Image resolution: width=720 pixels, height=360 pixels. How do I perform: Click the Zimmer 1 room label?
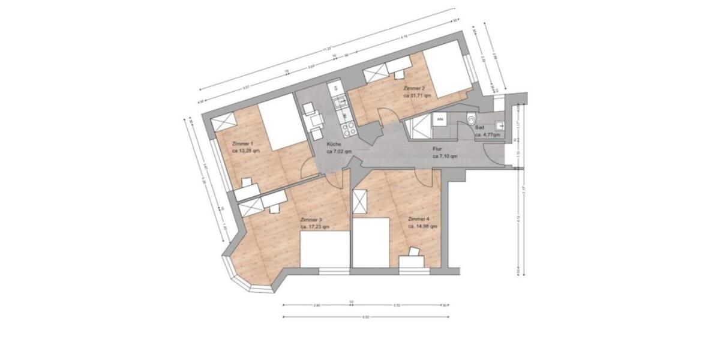(x=242, y=143)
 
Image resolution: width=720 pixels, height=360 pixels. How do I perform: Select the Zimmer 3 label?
(x=311, y=220)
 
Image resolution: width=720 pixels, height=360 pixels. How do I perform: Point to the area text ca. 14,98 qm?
(x=422, y=227)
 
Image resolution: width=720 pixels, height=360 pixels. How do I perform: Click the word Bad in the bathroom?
(x=479, y=128)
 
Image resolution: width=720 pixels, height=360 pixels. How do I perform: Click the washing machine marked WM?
(x=440, y=119)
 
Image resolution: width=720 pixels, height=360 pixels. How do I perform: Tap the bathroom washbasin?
(x=498, y=125)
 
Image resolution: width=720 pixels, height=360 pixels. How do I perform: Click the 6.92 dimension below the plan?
(x=366, y=317)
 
